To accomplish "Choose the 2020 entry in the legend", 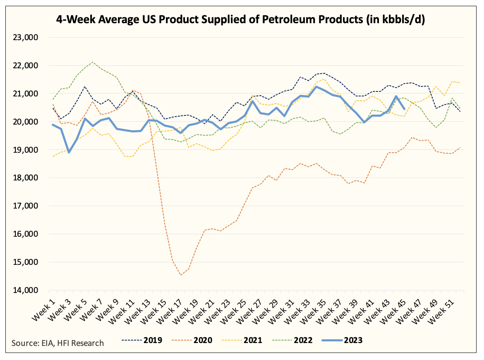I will (192, 340).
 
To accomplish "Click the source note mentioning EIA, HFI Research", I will (58, 343).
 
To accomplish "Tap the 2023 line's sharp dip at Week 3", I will (69, 152).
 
